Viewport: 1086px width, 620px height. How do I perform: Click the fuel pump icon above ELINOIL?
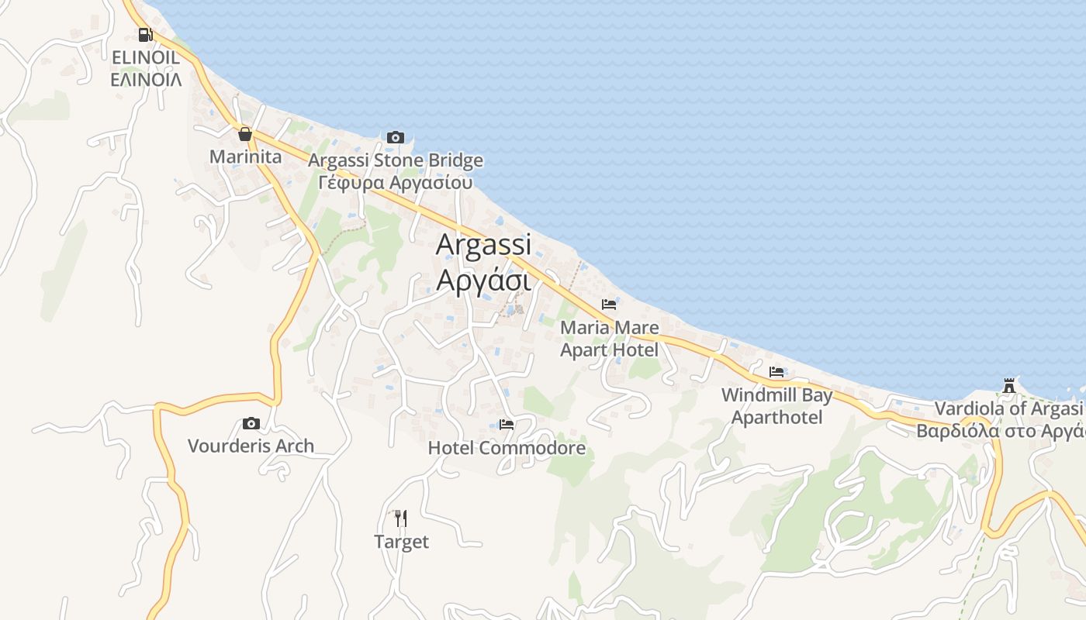pos(145,35)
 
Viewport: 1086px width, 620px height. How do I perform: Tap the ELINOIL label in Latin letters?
pos(146,57)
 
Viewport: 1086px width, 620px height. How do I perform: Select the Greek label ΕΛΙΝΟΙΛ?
pos(146,79)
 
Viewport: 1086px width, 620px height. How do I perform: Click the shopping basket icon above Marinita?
pos(245,135)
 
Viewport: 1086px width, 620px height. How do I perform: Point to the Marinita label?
pos(245,157)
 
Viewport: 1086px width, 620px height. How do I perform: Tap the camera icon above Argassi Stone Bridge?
pos(396,138)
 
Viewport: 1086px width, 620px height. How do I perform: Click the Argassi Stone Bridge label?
pos(396,160)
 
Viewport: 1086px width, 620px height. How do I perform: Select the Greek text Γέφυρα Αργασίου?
pos(396,182)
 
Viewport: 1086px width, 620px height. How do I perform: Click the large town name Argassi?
pos(483,245)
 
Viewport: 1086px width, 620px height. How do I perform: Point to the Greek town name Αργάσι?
pos(483,279)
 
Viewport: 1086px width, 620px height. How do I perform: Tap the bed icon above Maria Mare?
pos(609,305)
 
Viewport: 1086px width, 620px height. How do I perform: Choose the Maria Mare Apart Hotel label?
pos(609,339)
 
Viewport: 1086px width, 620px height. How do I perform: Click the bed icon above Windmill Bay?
pos(776,372)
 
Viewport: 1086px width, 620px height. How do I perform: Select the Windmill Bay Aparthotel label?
pos(776,406)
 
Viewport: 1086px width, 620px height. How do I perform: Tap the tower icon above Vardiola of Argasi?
pos(1009,385)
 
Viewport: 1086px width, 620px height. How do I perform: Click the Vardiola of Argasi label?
pos(1008,408)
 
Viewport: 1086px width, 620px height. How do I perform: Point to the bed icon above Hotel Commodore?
pos(507,425)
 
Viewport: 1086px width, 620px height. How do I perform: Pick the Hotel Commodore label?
pos(507,448)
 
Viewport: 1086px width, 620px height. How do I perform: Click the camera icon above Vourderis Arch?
pos(251,423)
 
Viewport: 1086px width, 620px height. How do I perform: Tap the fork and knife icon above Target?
pos(401,518)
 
